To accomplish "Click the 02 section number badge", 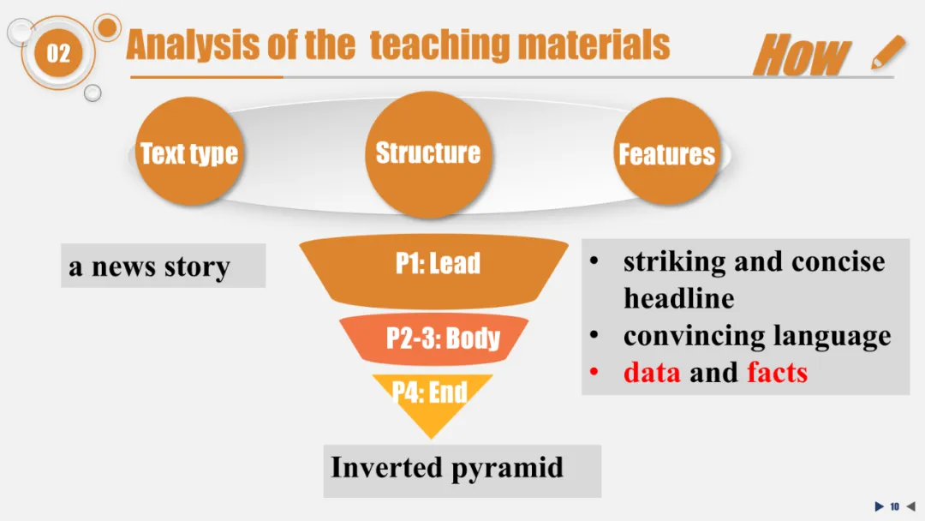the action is tap(57, 54).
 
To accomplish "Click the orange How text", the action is tap(802, 56).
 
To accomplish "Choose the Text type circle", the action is tap(189, 153).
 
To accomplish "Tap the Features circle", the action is tap(666, 154).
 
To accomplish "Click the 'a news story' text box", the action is tap(163, 266).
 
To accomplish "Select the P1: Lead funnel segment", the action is tap(437, 264).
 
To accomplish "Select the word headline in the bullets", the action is tap(678, 298).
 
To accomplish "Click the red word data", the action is tap(652, 372).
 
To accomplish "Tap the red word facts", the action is tap(777, 372).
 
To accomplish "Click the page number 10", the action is tap(894, 506).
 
